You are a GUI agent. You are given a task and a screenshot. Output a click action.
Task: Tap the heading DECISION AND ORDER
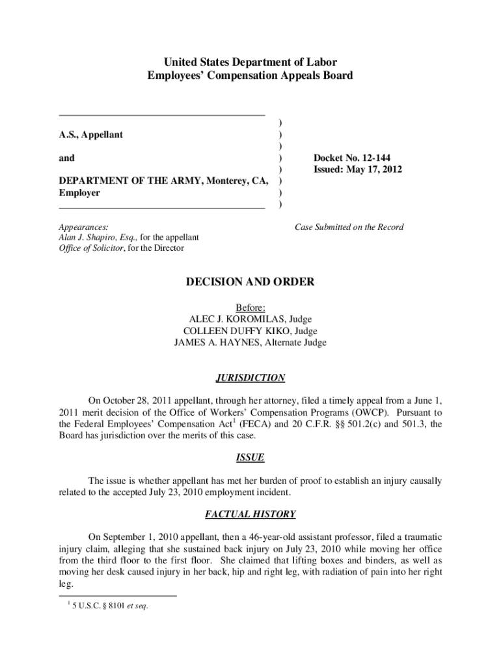tap(251, 282)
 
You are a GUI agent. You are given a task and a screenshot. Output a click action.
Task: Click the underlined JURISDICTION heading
tap(251, 378)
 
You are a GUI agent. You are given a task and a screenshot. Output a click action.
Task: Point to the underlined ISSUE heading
tap(251, 458)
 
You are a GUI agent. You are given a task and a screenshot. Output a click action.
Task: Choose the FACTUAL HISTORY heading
tap(251, 515)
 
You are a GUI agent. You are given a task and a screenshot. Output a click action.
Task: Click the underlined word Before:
tap(251, 307)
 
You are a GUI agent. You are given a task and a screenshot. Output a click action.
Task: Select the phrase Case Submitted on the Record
tap(349, 227)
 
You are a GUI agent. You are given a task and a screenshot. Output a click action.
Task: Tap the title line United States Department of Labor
tap(251, 63)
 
